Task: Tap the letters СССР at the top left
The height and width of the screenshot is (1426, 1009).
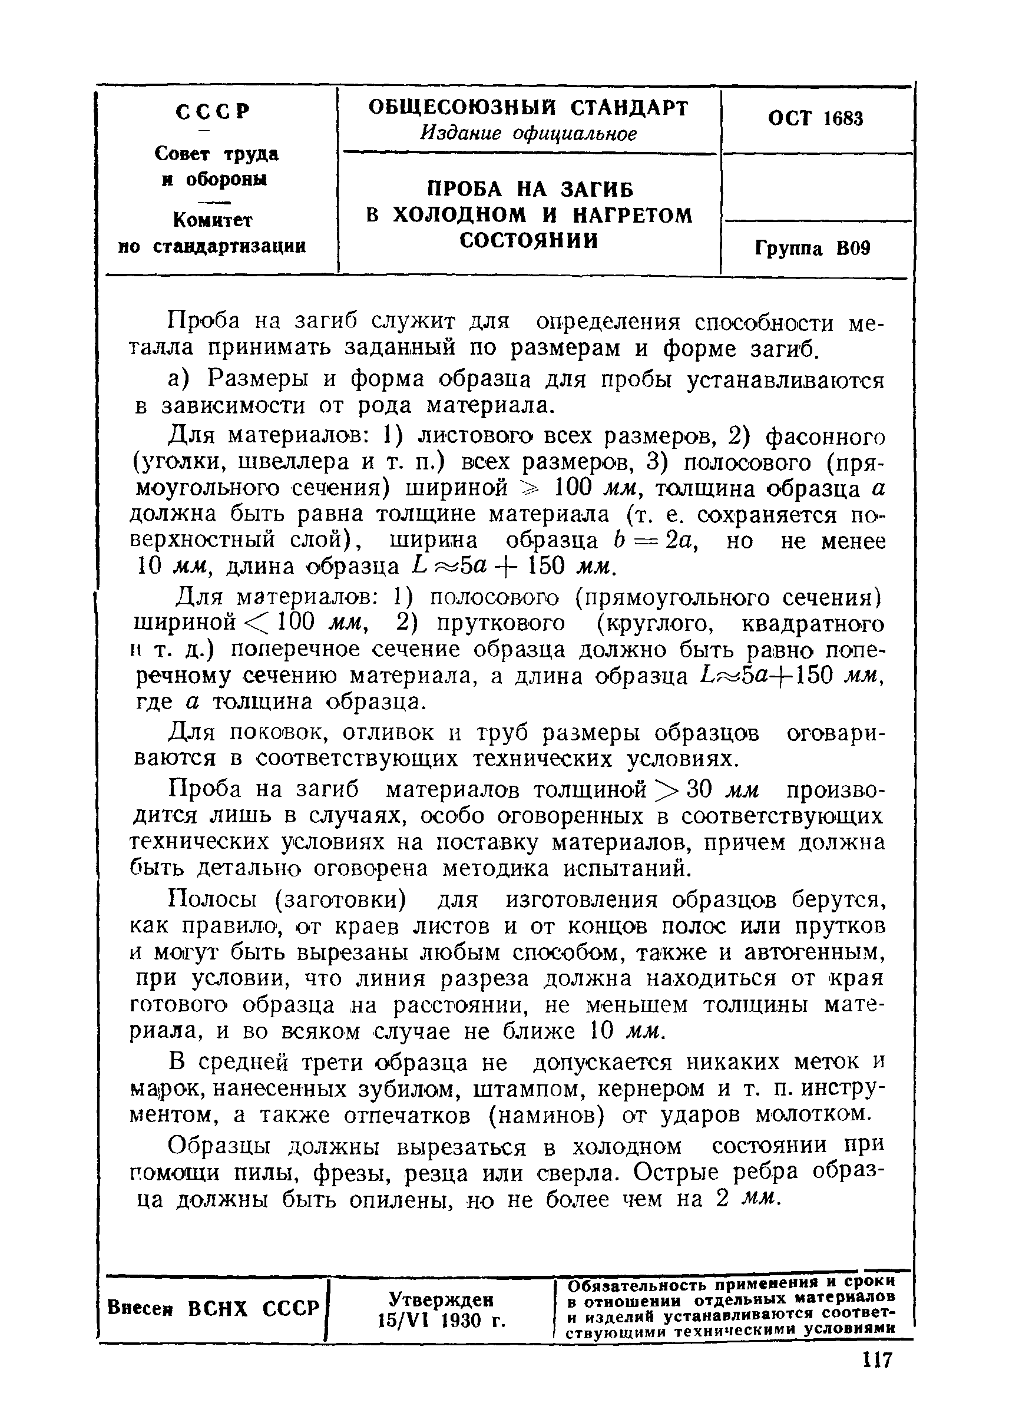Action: click(x=213, y=112)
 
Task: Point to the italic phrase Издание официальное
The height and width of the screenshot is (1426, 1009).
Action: click(x=528, y=134)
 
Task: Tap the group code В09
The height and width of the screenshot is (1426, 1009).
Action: click(x=853, y=249)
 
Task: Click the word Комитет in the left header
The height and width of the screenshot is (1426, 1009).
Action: click(x=213, y=220)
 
